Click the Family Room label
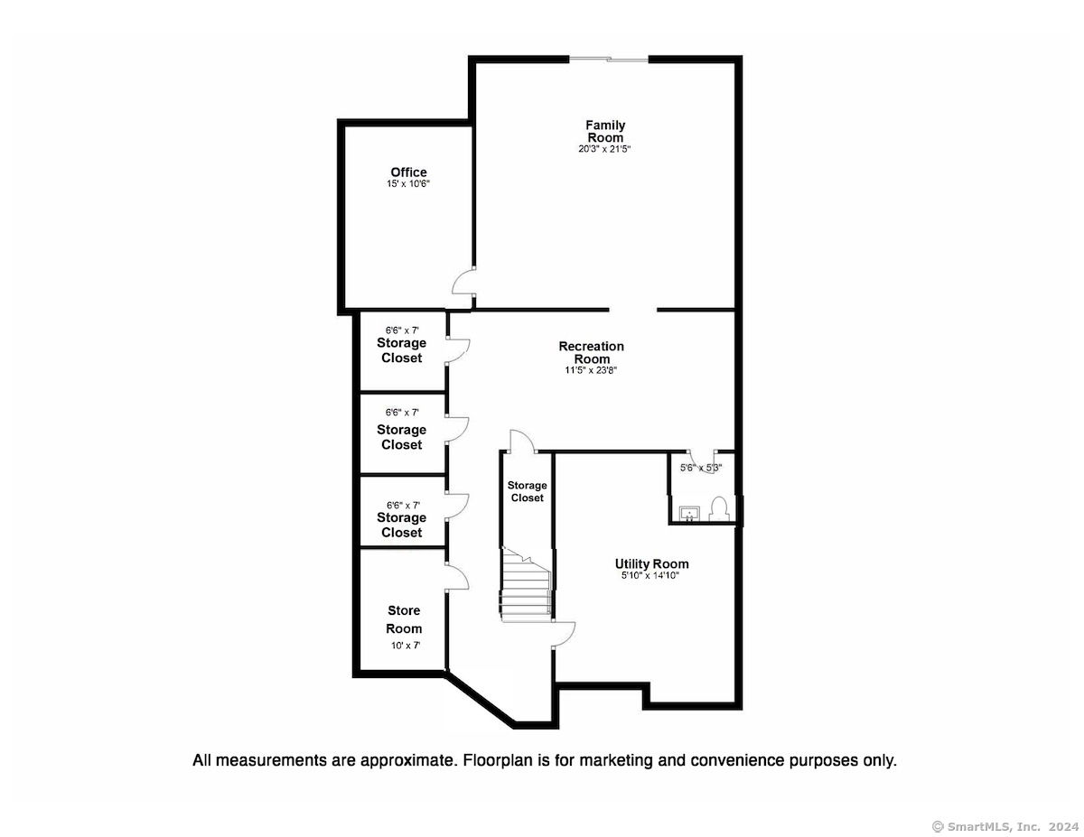coord(604,131)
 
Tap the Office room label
coord(408,172)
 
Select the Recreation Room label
coord(591,352)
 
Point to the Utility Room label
coord(651,563)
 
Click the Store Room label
coord(404,619)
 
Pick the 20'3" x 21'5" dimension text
coord(604,149)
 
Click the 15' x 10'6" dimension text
coord(408,183)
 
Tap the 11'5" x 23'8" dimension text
coord(591,370)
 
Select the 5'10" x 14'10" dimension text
coord(650,575)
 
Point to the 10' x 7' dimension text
coord(406,646)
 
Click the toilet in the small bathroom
coord(719,508)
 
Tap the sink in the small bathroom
coord(689,513)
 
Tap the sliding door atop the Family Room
coord(608,60)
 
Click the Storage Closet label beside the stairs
coord(527,491)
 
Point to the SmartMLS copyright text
coord(1005,826)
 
